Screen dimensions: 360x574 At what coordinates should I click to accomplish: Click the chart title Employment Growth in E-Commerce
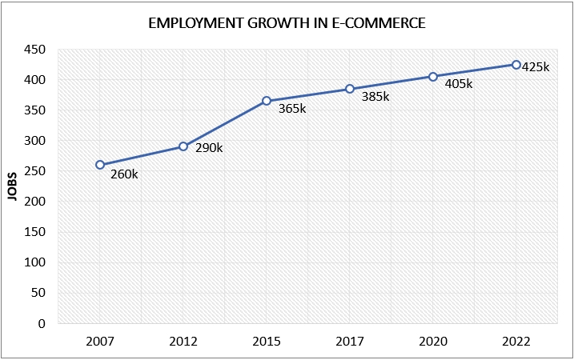tap(287, 23)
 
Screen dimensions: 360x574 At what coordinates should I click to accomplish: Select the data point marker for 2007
tap(100, 165)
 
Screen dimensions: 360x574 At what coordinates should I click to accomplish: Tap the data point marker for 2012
tap(183, 146)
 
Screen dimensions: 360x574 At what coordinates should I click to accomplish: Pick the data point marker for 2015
tap(267, 101)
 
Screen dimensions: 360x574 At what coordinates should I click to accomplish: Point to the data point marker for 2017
tap(350, 89)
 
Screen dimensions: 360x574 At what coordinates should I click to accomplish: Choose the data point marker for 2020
tap(433, 77)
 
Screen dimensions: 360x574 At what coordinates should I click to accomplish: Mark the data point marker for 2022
tap(516, 65)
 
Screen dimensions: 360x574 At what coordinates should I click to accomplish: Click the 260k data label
tap(123, 174)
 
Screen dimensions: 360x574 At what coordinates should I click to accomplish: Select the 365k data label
tap(291, 109)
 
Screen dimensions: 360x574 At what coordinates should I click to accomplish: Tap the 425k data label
tap(536, 67)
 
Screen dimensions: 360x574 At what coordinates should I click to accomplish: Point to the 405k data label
tap(460, 83)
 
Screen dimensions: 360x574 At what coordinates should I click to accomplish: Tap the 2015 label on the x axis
tap(267, 342)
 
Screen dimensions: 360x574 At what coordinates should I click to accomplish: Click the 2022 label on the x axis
tap(516, 342)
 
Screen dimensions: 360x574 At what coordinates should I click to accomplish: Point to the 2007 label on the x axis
tap(100, 342)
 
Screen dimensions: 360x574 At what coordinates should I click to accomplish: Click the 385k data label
tap(375, 96)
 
